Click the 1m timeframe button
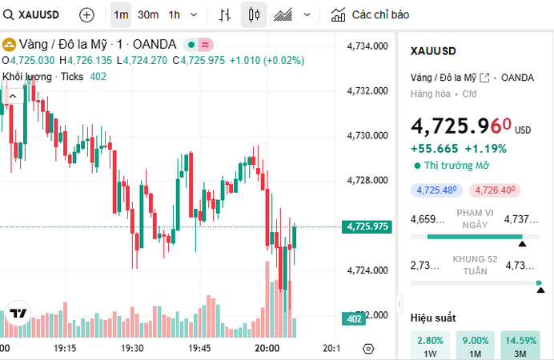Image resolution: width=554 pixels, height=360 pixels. [121, 14]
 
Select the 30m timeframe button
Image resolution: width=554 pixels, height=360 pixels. [147, 14]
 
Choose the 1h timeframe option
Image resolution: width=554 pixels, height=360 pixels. [174, 14]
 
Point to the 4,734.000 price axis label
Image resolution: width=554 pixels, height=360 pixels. [367, 46]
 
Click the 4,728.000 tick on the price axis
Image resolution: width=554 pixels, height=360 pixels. [367, 181]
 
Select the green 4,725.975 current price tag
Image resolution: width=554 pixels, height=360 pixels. [367, 226]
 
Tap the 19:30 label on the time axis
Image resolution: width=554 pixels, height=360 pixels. [132, 349]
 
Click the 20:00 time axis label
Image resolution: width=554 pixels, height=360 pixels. [267, 349]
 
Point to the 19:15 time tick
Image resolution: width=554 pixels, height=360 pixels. [65, 349]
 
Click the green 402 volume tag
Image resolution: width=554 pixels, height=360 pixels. [353, 319]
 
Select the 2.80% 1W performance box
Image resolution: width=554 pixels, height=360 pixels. [430, 346]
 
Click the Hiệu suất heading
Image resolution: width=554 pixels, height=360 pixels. [433, 318]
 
